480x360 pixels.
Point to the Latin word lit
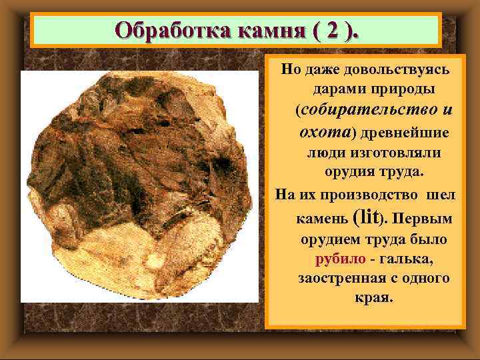click(369, 216)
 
